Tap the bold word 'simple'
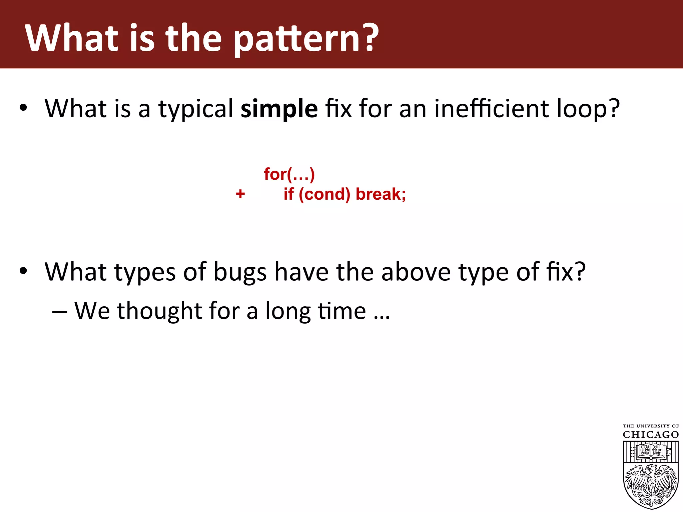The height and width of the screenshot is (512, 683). (279, 109)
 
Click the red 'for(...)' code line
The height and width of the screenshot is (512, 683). (289, 174)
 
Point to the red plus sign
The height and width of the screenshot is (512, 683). (240, 194)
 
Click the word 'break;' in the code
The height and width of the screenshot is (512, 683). (381, 194)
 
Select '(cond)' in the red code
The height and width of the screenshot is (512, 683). (324, 194)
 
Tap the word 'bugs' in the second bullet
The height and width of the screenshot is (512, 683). (240, 273)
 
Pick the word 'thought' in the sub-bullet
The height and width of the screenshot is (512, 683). (160, 311)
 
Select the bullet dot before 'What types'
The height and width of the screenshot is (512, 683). (23, 271)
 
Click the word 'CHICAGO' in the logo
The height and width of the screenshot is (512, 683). (651, 435)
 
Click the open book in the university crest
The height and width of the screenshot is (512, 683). (651, 450)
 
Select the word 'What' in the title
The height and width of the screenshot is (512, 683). (72, 38)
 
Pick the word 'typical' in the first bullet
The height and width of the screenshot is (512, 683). (196, 109)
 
